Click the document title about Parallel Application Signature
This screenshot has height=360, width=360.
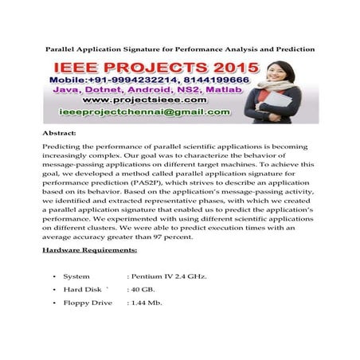click(179, 49)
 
